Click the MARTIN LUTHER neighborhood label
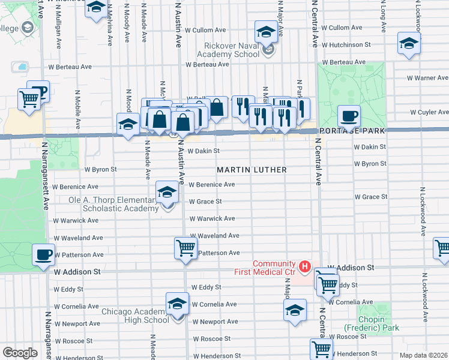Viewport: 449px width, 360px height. click(x=252, y=170)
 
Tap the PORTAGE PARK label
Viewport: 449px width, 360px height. click(x=351, y=130)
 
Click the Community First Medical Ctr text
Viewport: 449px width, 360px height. click(x=274, y=268)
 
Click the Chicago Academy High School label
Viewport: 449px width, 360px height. click(x=135, y=316)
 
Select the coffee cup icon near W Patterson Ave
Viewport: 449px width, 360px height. click(x=43, y=254)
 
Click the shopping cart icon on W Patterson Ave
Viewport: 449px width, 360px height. click(x=186, y=247)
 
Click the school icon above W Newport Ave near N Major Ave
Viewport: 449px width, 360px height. click(x=295, y=310)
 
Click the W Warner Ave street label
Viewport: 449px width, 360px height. click(x=427, y=78)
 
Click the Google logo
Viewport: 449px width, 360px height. click(x=20, y=353)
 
